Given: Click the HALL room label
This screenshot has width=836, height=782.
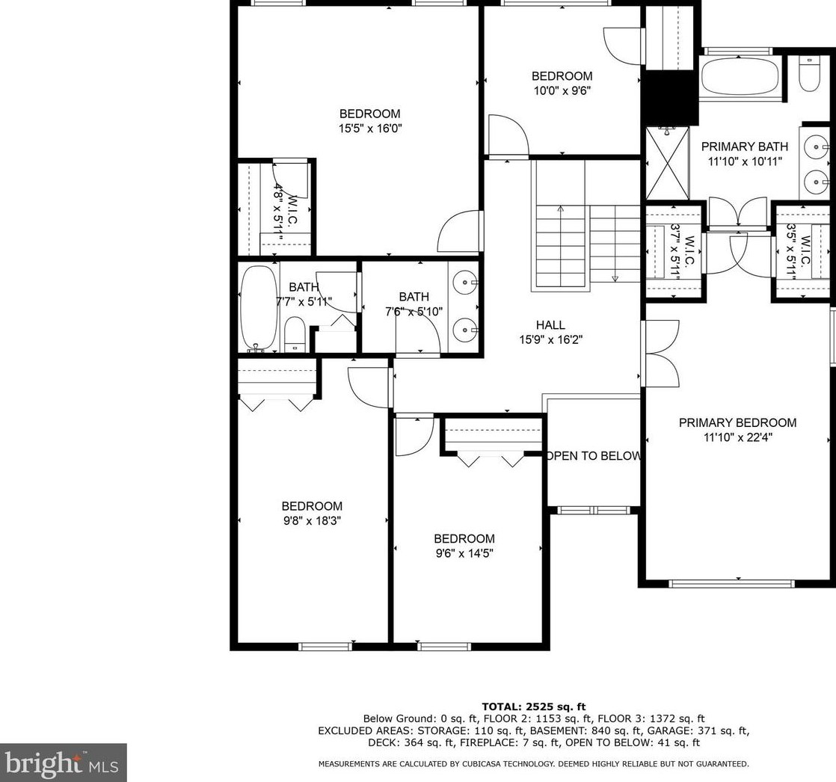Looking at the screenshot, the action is pos(550,324).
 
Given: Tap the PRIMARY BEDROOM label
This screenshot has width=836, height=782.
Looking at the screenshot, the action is pos(737,422).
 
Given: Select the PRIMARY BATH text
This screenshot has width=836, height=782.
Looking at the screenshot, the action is pos(744,147).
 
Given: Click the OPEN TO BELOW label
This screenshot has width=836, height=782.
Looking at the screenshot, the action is pos(594,456).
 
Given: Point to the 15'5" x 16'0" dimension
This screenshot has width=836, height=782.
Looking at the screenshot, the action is pos(369,129).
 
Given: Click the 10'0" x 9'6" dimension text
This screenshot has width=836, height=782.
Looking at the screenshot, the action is pos(562,90).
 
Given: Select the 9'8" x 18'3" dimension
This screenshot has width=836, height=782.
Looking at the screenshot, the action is pos(312,521).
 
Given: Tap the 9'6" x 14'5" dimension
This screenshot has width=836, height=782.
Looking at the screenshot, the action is pos(464,553).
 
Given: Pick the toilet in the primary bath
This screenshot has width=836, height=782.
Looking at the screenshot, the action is pos(809,76).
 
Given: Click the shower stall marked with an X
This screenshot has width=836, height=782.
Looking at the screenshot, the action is pos(667,162).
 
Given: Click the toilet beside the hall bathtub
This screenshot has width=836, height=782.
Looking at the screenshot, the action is pos(295,334).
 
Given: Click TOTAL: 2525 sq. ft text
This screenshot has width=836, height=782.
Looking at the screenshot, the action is pos(533,706).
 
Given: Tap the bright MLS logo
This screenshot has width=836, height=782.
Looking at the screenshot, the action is pos(63,763).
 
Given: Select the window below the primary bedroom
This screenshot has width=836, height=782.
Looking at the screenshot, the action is pos(732,584).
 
